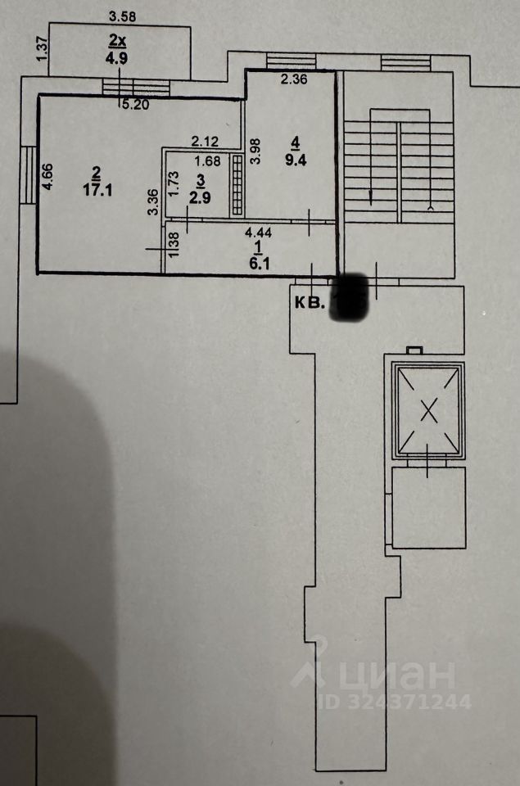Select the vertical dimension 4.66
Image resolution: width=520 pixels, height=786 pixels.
coord(47,177)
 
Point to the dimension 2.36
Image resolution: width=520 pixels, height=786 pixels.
coord(293,79)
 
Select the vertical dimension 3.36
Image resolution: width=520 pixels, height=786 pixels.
coord(152,202)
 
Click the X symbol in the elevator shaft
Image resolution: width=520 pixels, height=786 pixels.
coord(428,410)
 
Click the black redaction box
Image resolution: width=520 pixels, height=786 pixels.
coord(350,296)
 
